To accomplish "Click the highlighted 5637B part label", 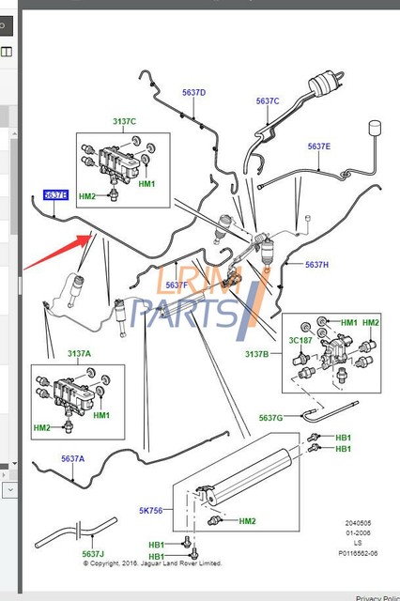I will pos(55,194).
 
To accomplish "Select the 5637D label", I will pos(193,92).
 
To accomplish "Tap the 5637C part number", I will pos(268,100).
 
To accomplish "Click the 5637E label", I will pos(318,146).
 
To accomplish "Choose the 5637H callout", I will pos(316,265).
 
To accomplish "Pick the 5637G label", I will pos(271,417).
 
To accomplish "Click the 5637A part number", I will pos(72,458).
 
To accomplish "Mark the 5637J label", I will pos(93,554).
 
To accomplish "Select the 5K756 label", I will pos(151,511).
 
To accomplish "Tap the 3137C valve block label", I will pos(124,121).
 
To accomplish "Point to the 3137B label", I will pos(256,354).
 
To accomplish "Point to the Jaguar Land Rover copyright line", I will pos(152,563).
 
